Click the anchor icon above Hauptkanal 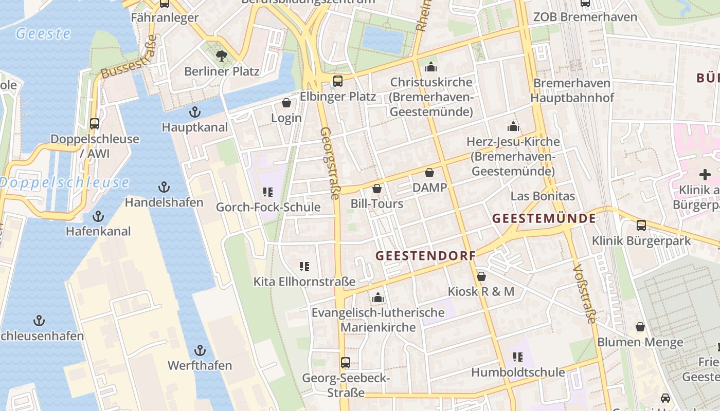pyautogui.click(x=195, y=111)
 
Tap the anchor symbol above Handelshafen pyautogui.click(x=164, y=187)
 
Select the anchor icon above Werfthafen pyautogui.click(x=200, y=351)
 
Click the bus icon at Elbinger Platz pyautogui.click(x=338, y=81)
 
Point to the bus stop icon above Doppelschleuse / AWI pyautogui.click(x=95, y=123)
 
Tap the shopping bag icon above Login pyautogui.click(x=286, y=103)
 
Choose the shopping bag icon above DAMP pyautogui.click(x=429, y=173)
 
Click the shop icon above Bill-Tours pyautogui.click(x=377, y=189)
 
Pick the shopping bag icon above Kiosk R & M pyautogui.click(x=481, y=276)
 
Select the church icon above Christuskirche pyautogui.click(x=431, y=67)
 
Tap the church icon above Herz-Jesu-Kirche pyautogui.click(x=513, y=126)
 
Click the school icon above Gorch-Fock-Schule pyautogui.click(x=267, y=192)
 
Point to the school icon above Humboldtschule pyautogui.click(x=518, y=357)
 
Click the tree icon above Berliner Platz pyautogui.click(x=222, y=55)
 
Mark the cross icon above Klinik pyautogui.click(x=705, y=175)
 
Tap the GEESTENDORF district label pyautogui.click(x=425, y=255)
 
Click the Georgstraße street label pyautogui.click(x=330, y=163)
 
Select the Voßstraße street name pyautogui.click(x=584, y=294)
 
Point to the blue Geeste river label pyautogui.click(x=43, y=34)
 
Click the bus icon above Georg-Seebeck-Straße pyautogui.click(x=346, y=363)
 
